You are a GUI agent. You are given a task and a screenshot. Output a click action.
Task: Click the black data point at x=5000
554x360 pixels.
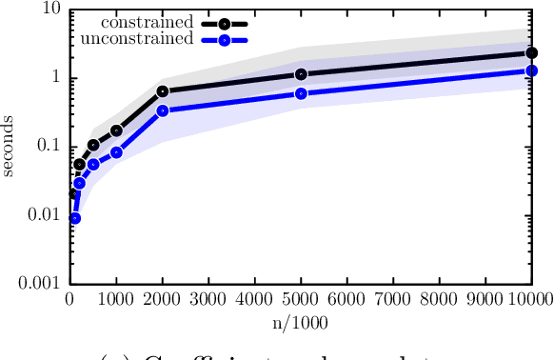[301, 74]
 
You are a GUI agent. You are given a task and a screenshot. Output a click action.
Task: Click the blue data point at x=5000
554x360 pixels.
[301, 93]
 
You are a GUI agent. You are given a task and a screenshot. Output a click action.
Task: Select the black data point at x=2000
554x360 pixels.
[162, 91]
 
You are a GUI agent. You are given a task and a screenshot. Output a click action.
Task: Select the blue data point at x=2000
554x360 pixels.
[162, 110]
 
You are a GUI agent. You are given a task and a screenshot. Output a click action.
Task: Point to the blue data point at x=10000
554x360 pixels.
[531, 71]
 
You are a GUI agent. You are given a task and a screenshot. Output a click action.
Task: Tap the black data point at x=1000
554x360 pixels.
[116, 130]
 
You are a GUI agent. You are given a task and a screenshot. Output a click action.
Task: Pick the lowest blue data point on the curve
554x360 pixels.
[74, 218]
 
